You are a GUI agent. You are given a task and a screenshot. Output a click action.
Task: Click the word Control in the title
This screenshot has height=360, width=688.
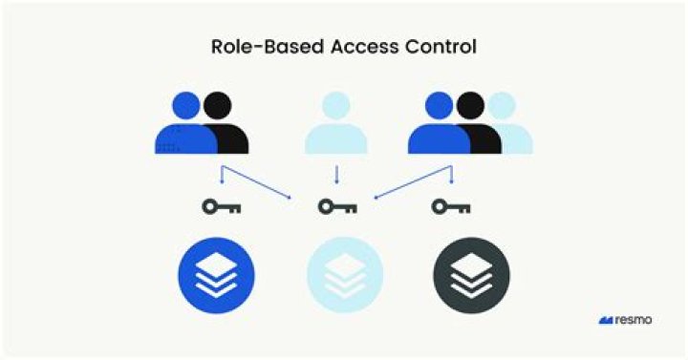point(436,46)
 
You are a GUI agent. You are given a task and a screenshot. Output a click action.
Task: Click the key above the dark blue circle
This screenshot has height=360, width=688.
point(221,205)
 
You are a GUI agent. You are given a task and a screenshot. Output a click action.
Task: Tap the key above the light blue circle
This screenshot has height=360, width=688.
point(337,205)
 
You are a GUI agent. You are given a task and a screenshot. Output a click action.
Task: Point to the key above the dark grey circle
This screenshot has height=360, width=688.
point(450,205)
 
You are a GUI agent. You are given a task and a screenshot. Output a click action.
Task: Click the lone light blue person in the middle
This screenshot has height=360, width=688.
point(335,124)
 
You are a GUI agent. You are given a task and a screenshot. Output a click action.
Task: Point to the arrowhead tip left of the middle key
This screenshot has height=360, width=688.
point(292,198)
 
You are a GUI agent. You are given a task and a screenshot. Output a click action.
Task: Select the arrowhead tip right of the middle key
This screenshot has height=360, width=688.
point(375,199)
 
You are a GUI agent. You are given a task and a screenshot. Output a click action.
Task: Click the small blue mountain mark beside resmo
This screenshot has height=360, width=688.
point(606,320)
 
